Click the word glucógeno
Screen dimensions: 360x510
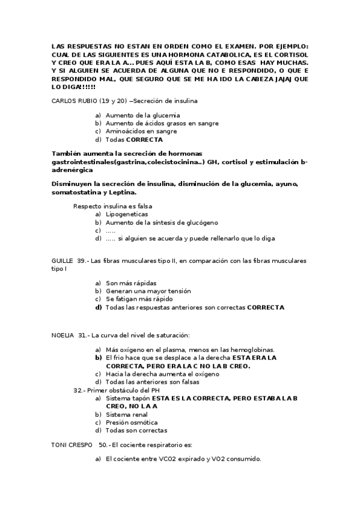click(x=206, y=223)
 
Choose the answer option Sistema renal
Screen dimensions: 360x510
click(x=127, y=414)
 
